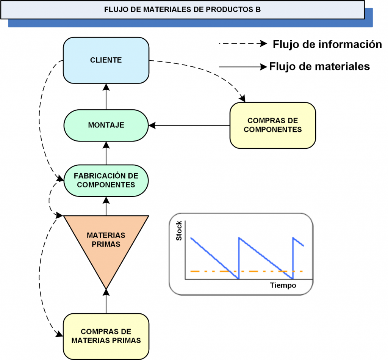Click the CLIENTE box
106,60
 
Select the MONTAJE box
106,125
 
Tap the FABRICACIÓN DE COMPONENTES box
106,180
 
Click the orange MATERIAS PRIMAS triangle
106,243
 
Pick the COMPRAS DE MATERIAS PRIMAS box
106,336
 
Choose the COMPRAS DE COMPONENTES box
272,125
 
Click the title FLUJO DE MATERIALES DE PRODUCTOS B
182,9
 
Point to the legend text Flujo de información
327,44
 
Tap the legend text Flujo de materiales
319,66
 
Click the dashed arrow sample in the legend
242,44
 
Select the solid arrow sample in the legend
242,67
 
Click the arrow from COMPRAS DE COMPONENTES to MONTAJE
189,125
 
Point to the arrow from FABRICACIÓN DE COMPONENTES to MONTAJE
106,153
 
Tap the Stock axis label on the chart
179,231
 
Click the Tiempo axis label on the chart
283,285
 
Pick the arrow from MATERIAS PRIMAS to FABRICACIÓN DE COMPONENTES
106,206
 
